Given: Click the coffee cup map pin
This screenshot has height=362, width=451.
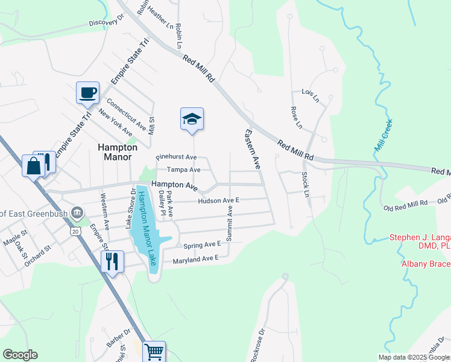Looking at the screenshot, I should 87,93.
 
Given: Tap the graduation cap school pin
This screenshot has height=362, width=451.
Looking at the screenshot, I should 192,118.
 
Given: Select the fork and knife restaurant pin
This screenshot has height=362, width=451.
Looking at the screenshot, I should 112,261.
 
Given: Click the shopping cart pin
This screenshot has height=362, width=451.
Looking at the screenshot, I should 154,351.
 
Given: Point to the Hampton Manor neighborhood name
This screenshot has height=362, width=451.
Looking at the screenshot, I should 118,151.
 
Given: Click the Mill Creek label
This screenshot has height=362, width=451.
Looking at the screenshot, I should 383,135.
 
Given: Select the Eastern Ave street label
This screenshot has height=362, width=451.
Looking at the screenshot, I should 252,148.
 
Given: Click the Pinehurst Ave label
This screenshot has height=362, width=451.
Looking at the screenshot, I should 176,157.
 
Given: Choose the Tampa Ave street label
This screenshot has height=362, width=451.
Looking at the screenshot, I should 183,170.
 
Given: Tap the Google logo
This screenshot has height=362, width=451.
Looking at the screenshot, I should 20,355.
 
